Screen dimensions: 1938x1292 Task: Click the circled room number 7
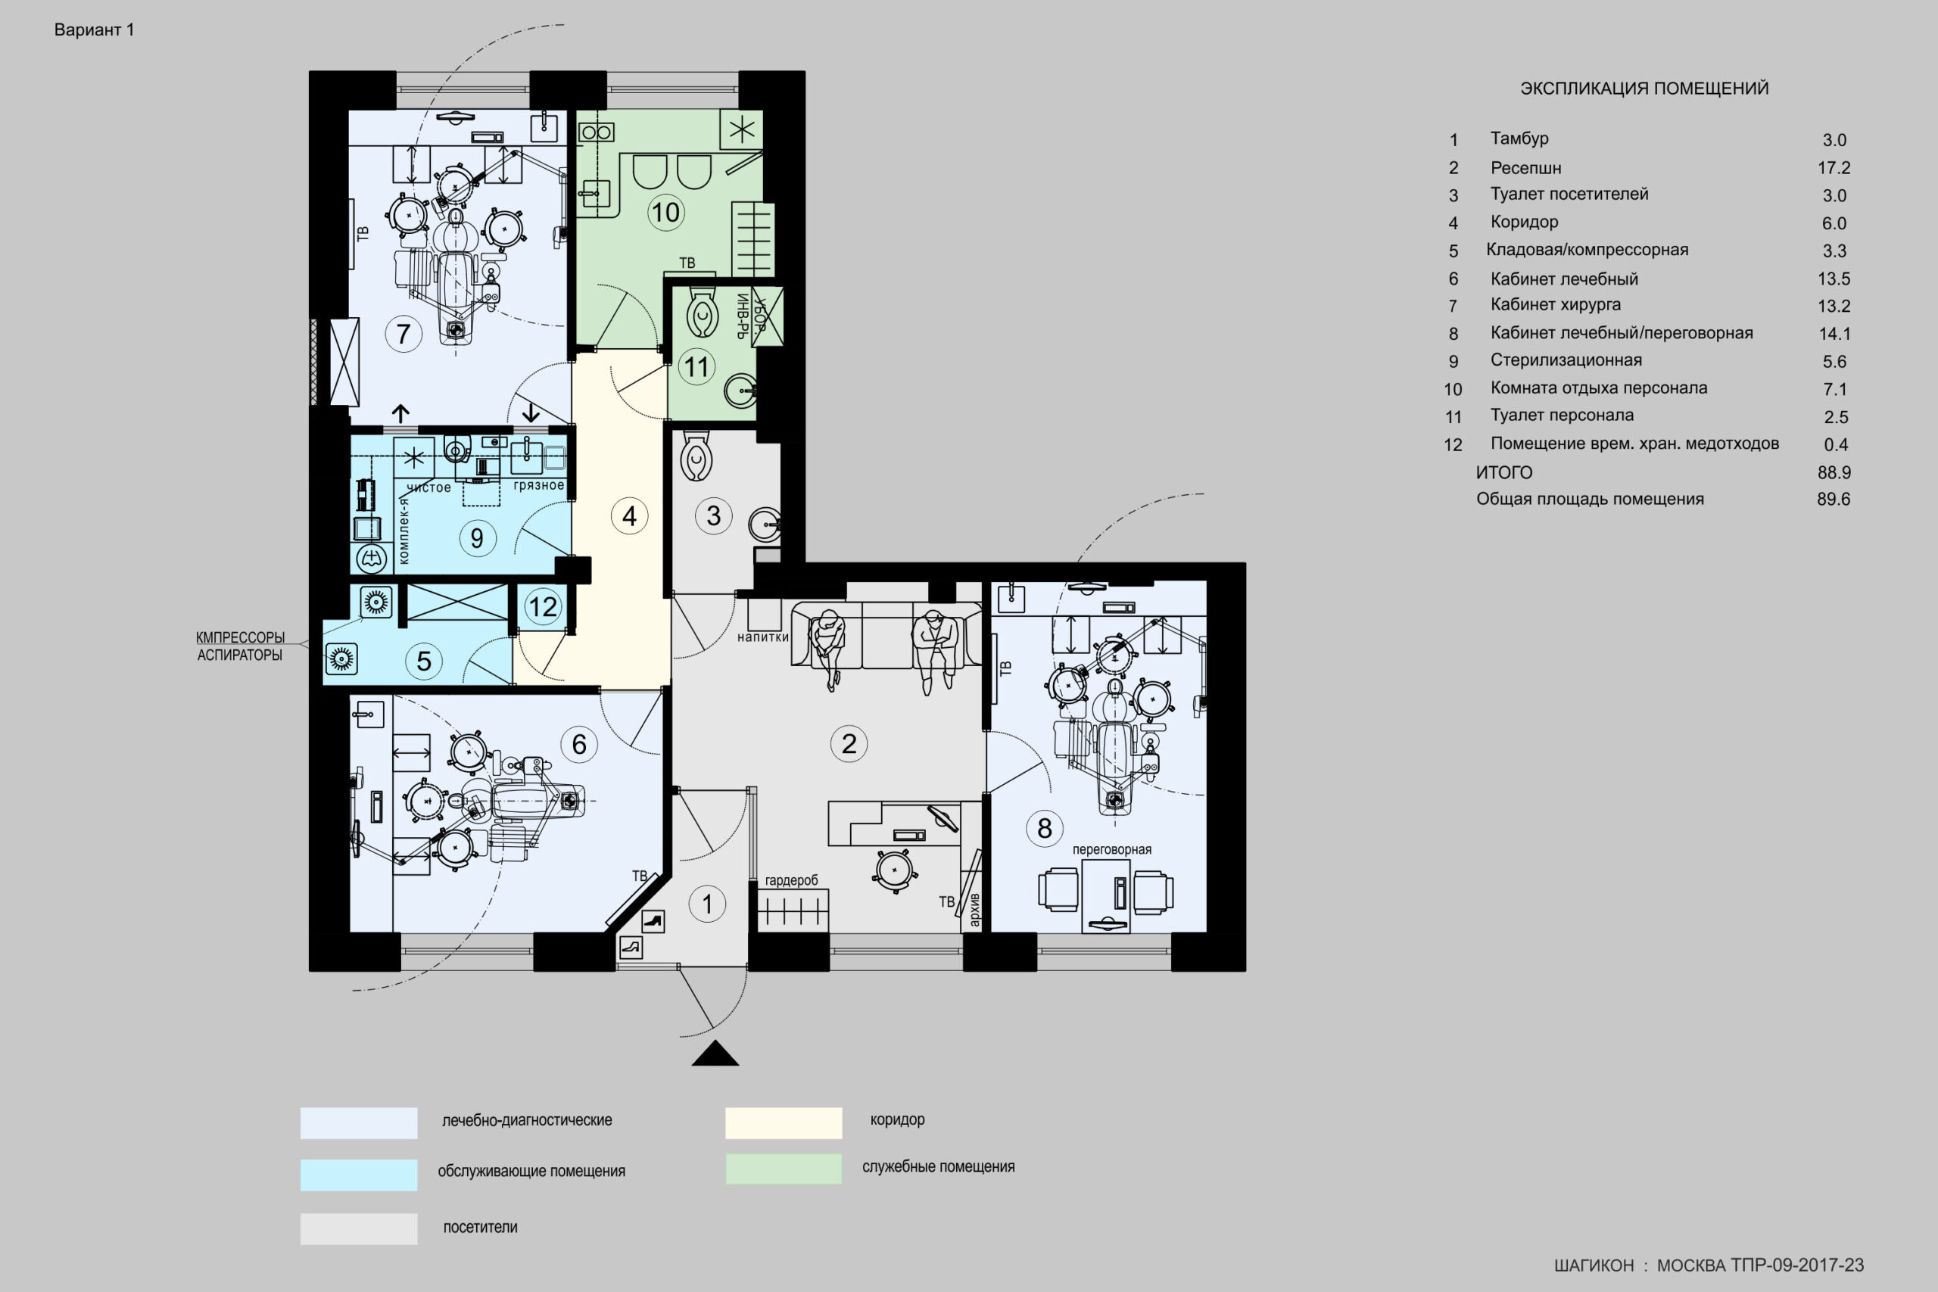pyautogui.click(x=403, y=334)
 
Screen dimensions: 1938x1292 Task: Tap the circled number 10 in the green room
pyautogui.click(x=665, y=212)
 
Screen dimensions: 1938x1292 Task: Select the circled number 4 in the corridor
pyautogui.click(x=630, y=515)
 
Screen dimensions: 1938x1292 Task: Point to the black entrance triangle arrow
pyautogui.click(x=715, y=1053)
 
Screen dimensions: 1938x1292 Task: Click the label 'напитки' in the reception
pyautogui.click(x=763, y=637)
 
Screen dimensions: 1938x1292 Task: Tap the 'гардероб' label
pyautogui.click(x=792, y=880)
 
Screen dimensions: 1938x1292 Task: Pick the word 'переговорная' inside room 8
pyautogui.click(x=1111, y=849)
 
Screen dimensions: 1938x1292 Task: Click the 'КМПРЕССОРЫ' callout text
pyautogui.click(x=240, y=638)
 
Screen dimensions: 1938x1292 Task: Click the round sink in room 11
pyautogui.click(x=741, y=391)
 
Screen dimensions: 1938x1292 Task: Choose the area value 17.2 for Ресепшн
pyautogui.click(x=1834, y=168)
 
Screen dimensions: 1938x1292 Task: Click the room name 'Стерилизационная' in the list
pyautogui.click(x=1566, y=360)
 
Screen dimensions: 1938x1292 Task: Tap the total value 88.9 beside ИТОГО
pyautogui.click(x=1834, y=473)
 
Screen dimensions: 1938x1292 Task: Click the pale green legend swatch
pyautogui.click(x=784, y=1169)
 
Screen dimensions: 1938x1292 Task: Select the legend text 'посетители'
pyautogui.click(x=481, y=1227)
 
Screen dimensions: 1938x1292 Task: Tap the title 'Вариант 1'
pyautogui.click(x=94, y=30)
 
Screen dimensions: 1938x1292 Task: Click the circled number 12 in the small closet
pyautogui.click(x=542, y=606)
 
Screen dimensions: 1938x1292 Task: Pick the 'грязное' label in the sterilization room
pyautogui.click(x=539, y=485)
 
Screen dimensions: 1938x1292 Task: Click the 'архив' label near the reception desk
pyautogui.click(x=975, y=909)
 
